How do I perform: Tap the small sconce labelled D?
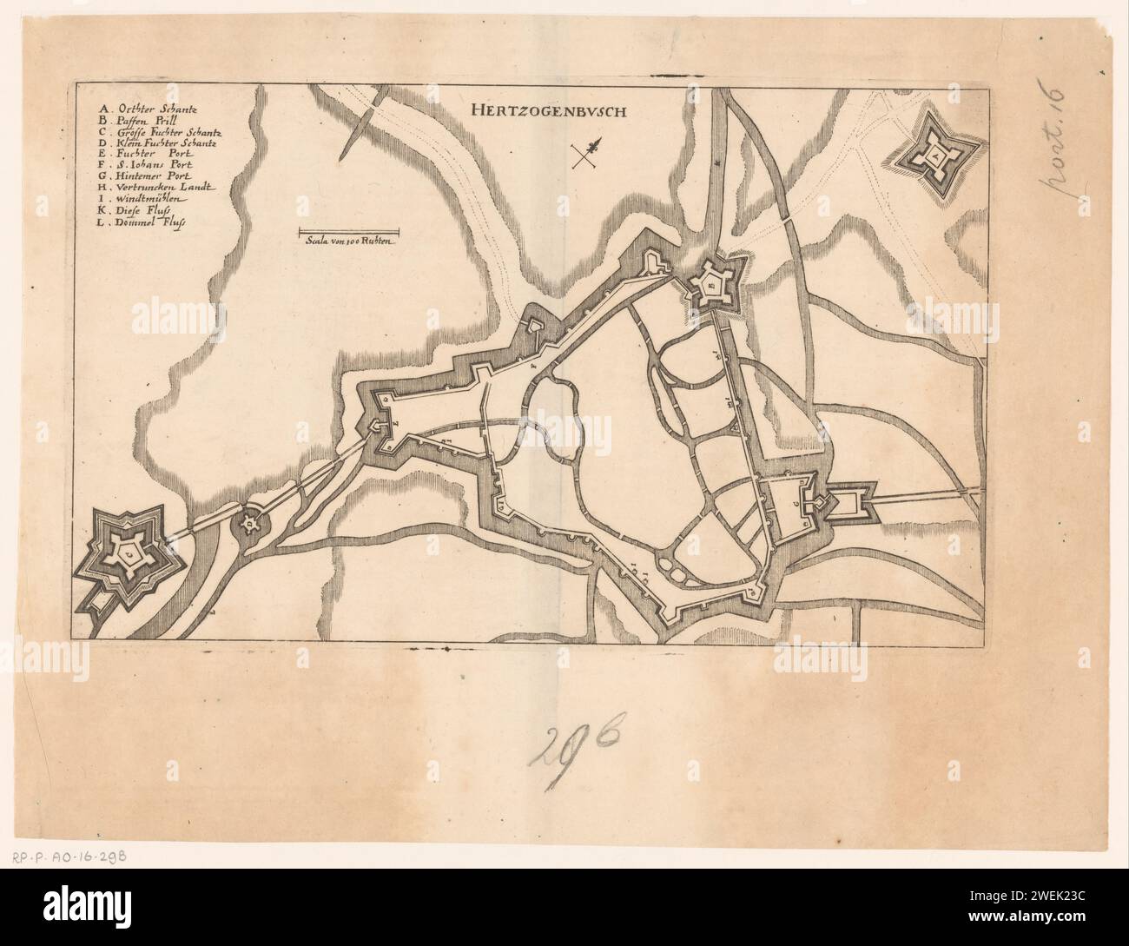click(250, 523)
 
